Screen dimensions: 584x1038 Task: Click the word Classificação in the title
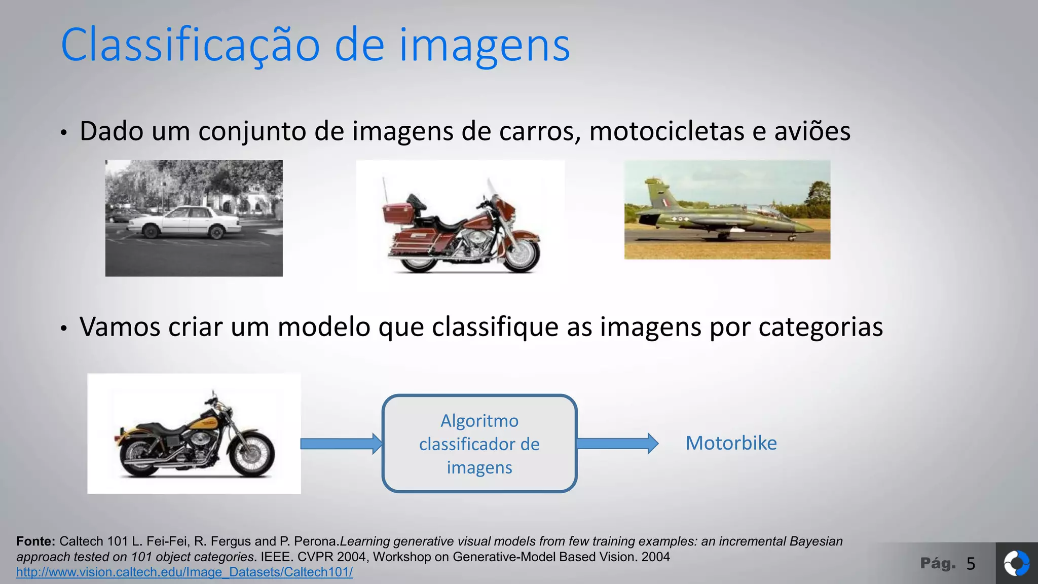(190, 46)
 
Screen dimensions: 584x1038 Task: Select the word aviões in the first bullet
(812, 131)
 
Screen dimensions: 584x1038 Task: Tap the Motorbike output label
(731, 443)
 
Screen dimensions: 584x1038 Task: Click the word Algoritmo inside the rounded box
(479, 421)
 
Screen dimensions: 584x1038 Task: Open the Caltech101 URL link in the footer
(184, 572)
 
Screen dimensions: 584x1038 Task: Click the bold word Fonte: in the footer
(35, 541)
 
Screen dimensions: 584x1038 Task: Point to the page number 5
(971, 564)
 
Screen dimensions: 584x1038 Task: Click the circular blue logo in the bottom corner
(1016, 564)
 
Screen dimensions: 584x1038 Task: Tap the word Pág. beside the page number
(938, 563)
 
